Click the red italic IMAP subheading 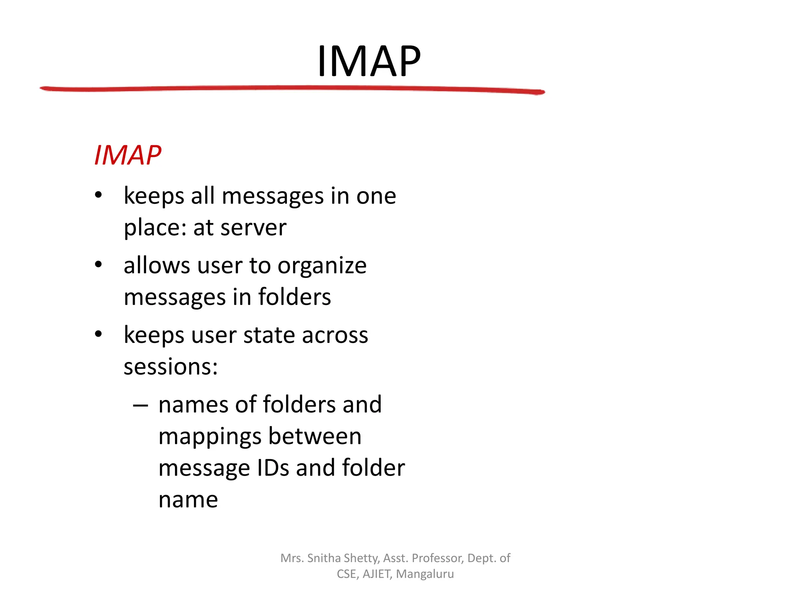pyautogui.click(x=128, y=155)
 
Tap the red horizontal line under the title pyautogui.click(x=292, y=89)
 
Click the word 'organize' pyautogui.click(x=322, y=266)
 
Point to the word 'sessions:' pyautogui.click(x=171, y=367)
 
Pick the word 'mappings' pyautogui.click(x=210, y=437)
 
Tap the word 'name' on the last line pyautogui.click(x=188, y=500)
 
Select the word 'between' pyautogui.click(x=315, y=436)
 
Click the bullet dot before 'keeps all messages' pyautogui.click(x=98, y=195)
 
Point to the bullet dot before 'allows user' pyautogui.click(x=98, y=265)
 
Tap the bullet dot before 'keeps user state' pyautogui.click(x=98, y=334)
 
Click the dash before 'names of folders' pyautogui.click(x=140, y=405)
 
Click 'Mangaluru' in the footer pyautogui.click(x=425, y=574)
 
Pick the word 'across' pyautogui.click(x=335, y=335)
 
